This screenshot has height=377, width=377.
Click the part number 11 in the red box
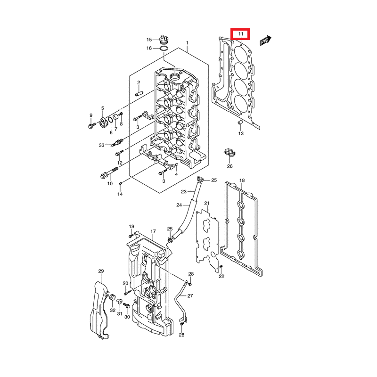click(240, 34)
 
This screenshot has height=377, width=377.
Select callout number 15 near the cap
click(149, 40)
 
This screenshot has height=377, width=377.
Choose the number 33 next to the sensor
click(101, 145)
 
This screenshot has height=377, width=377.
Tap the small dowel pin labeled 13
click(239, 123)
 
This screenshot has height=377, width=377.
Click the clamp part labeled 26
click(230, 153)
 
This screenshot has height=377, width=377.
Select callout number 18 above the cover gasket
click(242, 180)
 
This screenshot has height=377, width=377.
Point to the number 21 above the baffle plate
click(206, 203)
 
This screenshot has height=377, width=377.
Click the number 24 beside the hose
click(179, 205)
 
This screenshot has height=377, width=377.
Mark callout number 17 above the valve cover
click(153, 231)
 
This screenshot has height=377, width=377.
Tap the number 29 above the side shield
click(101, 271)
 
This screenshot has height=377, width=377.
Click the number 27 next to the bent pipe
click(190, 296)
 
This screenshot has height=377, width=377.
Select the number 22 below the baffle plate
click(221, 276)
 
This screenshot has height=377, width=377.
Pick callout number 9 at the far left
click(91, 116)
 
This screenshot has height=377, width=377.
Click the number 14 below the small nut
click(120, 194)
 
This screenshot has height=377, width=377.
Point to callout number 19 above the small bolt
click(132, 227)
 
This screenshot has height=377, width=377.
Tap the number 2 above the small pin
click(139, 83)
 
